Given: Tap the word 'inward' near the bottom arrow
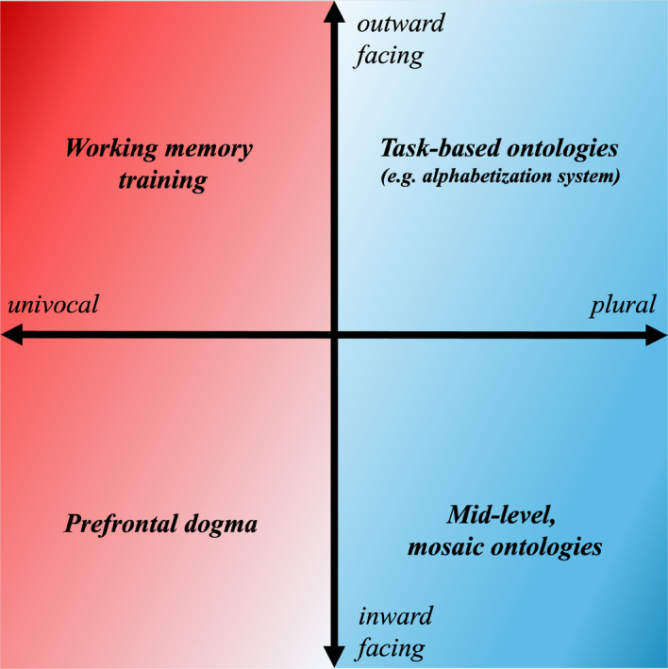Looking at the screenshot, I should (x=395, y=617).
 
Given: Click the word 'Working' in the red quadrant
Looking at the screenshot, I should (x=104, y=149).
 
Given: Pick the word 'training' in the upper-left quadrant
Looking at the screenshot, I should (x=162, y=180).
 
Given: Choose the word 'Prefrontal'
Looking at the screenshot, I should (x=115, y=524).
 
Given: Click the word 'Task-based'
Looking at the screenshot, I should (x=436, y=148).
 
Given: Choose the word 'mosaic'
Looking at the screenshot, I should (x=446, y=546).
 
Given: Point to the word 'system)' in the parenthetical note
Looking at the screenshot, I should (x=591, y=176).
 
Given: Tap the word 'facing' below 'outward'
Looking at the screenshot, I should (x=389, y=57).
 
